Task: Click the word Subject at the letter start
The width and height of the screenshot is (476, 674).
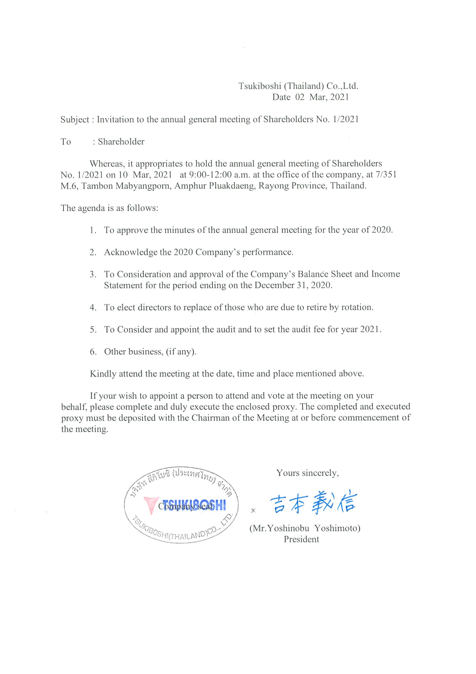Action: coord(74,120)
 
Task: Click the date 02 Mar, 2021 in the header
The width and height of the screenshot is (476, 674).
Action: coord(322,97)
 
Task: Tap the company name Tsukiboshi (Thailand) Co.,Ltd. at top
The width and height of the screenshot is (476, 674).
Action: coord(298,86)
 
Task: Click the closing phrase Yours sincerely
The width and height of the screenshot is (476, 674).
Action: coord(307,473)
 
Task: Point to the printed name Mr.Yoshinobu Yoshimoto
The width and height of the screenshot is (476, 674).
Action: coord(305,528)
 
